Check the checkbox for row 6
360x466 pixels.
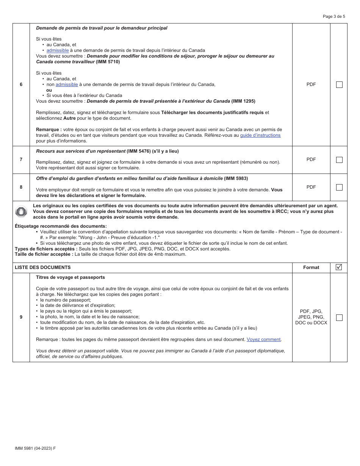339,85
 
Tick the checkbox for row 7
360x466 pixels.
339,160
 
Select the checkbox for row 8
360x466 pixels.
339,187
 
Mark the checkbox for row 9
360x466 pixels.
339,317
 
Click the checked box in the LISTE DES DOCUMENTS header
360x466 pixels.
339,267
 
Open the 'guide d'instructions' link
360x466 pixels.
260,135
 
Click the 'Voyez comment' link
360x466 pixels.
263,339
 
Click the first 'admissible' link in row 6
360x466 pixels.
58,50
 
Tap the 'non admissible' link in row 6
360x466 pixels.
67,84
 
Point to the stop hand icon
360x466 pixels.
21,211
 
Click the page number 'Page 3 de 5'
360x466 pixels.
334,16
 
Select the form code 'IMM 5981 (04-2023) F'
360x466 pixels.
35,448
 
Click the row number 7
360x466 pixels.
21,160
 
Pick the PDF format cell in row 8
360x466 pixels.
311,187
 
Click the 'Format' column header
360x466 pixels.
311,267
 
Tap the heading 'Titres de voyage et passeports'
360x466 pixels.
70,277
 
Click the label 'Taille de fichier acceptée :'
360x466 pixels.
44,254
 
